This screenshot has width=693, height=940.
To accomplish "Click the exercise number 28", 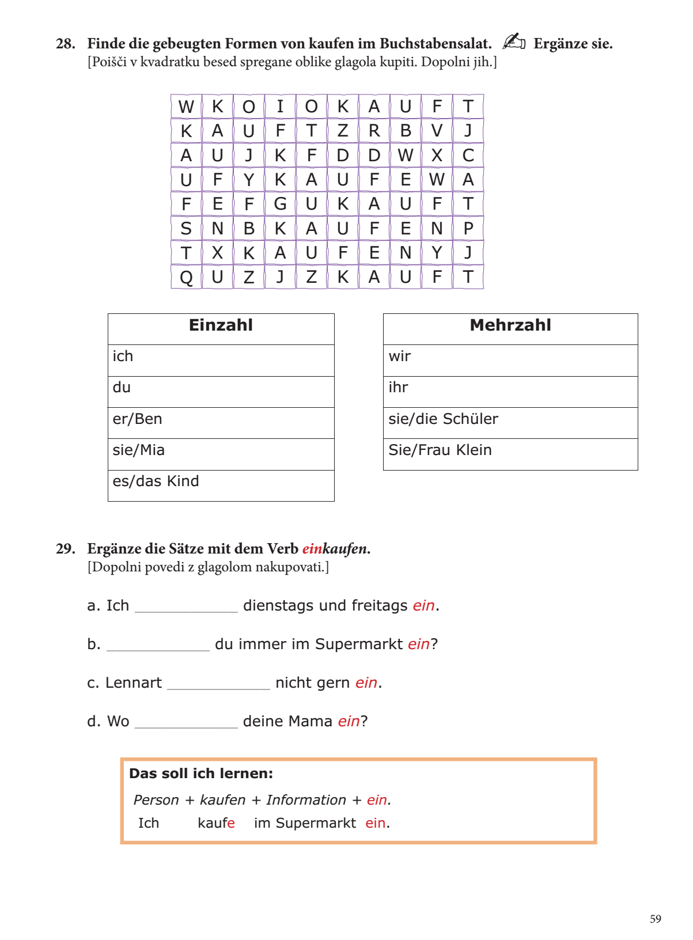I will [65, 44].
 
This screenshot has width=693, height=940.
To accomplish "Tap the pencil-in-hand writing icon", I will [513, 41].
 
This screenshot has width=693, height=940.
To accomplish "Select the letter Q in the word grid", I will [186, 278].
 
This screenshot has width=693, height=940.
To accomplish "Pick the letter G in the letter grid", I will [280, 204].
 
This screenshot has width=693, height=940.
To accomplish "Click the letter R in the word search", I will [374, 131].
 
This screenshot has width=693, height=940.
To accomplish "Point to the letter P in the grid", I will [468, 229].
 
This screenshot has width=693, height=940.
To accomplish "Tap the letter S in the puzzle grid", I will [186, 229].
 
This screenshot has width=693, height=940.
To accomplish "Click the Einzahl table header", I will [221, 325].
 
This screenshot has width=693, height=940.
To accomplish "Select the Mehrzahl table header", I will [510, 325].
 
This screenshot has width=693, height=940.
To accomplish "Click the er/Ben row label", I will [137, 419].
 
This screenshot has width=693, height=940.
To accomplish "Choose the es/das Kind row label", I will [156, 482].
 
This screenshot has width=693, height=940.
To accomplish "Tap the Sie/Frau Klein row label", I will [440, 450].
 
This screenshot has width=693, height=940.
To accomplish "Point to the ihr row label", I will [398, 388].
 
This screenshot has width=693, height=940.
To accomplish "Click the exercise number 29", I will [65, 549].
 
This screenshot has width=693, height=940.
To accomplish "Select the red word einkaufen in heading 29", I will [335, 549].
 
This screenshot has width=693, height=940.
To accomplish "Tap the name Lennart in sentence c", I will [133, 683].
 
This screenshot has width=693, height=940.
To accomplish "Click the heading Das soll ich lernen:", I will [201, 774].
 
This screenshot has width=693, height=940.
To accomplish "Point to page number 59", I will [656, 919].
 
